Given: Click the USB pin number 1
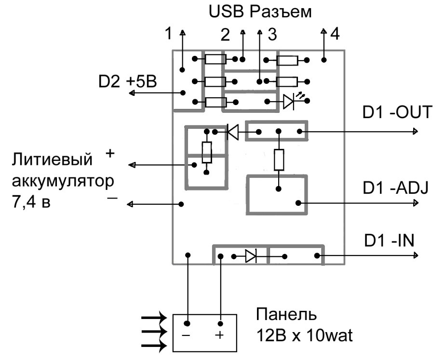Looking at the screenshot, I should tap(168, 35).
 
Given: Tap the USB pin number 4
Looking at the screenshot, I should tap(335, 35).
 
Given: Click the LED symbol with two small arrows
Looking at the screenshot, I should tap(289, 101).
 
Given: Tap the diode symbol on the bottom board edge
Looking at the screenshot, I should tap(251, 256).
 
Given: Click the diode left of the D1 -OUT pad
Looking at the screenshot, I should tap(233, 132).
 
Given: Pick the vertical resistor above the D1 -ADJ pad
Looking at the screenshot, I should tap(279, 160).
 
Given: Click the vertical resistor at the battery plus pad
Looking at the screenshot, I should tap(206, 152).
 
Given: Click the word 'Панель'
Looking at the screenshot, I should tap(286, 316).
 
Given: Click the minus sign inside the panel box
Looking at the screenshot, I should tap(188, 336).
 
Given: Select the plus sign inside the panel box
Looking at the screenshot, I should tap(220, 336).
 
